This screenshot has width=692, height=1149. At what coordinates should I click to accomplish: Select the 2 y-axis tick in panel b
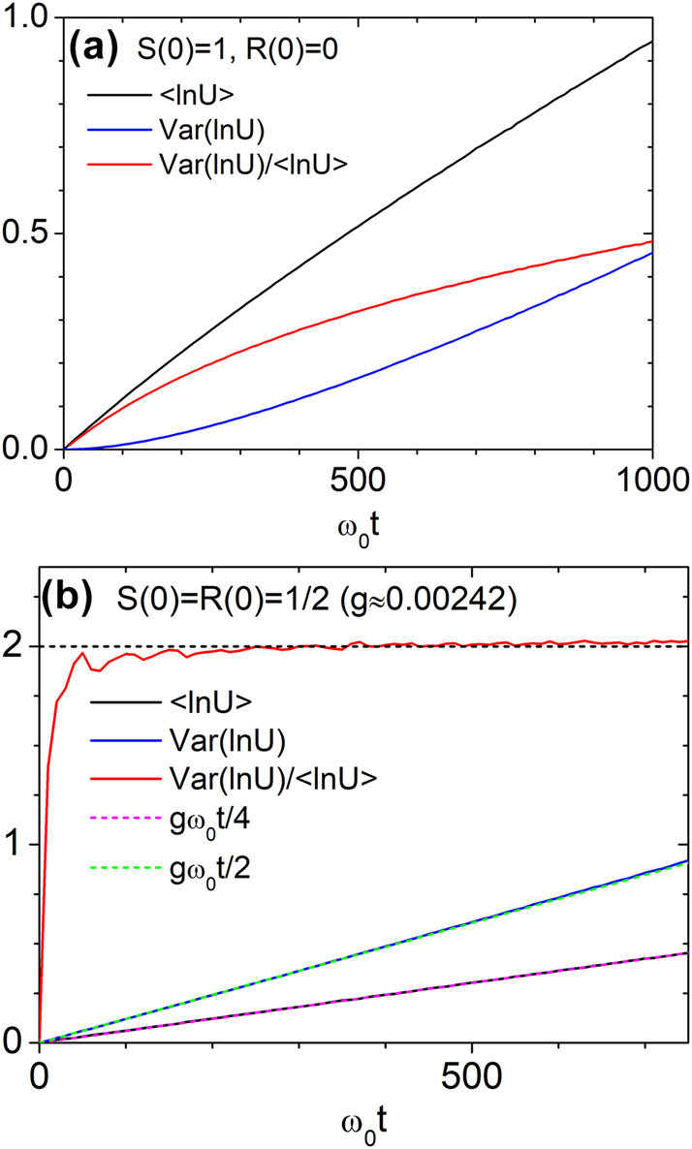point(17,647)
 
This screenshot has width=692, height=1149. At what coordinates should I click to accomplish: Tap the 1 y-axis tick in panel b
point(17,845)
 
